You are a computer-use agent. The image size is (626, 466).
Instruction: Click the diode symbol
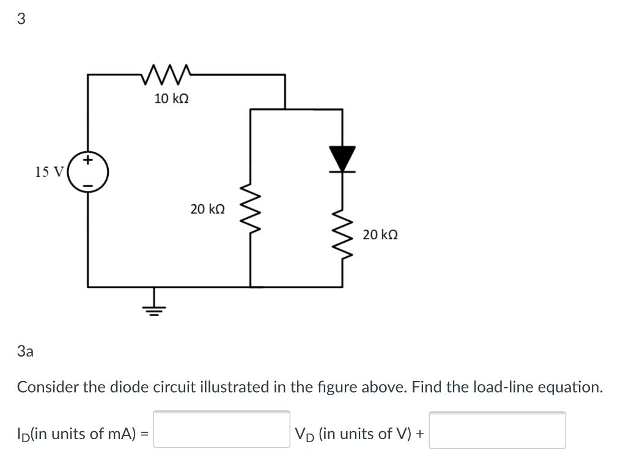(342, 159)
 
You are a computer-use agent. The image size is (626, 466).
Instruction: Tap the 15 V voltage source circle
(88, 172)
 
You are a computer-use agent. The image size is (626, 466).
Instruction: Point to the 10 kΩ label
(171, 98)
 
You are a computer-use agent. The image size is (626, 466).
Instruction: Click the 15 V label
(49, 172)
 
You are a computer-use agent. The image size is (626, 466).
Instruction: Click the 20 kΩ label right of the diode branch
(380, 234)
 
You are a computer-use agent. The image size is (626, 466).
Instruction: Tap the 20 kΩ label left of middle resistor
(207, 209)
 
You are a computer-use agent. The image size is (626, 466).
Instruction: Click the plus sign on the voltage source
(88, 161)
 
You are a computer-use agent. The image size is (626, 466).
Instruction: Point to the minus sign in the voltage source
(88, 184)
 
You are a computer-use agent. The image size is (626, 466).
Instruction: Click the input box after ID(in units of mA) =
(221, 430)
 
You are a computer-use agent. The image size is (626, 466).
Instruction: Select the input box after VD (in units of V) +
(497, 430)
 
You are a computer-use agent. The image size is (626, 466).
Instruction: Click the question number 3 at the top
(21, 19)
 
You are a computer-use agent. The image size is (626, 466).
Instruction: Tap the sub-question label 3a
(26, 351)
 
